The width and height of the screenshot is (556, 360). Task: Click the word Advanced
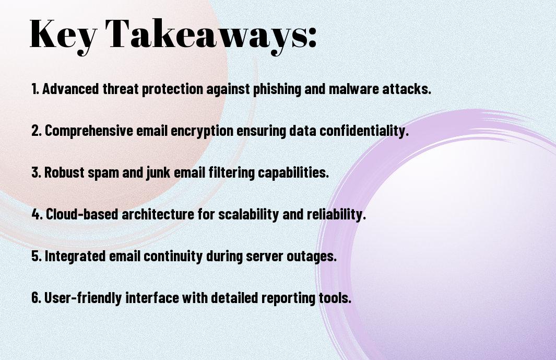coord(70,89)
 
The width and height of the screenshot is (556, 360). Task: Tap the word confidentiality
coord(364,131)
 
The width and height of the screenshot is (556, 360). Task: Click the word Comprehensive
coord(89,131)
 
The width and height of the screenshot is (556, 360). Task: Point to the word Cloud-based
coord(82,214)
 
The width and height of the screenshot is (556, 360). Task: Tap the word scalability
coord(248,214)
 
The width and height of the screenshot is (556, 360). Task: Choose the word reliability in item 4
coord(336,214)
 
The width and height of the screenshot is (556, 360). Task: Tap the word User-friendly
coord(83,297)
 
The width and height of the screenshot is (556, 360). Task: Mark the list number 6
coord(36,297)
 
